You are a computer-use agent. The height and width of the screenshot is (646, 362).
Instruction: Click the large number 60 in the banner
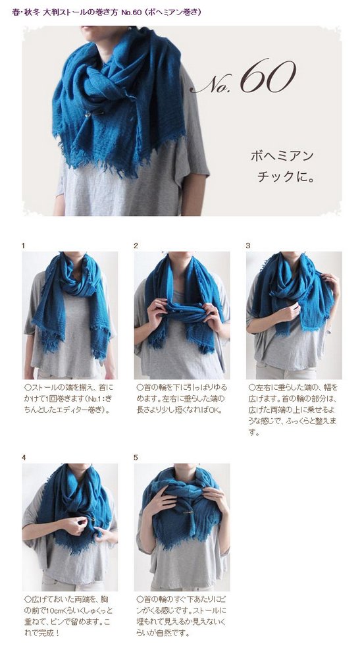(x=268, y=76)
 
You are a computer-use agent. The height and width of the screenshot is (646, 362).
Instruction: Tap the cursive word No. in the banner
(x=213, y=82)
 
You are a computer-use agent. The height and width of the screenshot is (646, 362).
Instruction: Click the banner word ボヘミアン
(x=282, y=156)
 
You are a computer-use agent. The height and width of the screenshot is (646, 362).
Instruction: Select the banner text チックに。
(x=286, y=176)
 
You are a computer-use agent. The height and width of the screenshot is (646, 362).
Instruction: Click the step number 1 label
(x=24, y=246)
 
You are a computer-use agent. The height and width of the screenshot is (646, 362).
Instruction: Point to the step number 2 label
(x=136, y=246)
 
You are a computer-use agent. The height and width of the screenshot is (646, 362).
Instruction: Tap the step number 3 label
(x=248, y=246)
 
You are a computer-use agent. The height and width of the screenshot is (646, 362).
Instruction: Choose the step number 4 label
(x=24, y=458)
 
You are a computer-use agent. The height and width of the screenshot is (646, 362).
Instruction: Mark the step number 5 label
(x=136, y=458)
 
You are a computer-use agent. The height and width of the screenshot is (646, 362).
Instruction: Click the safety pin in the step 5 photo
(x=186, y=512)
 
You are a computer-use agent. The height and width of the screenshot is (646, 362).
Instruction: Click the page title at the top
(x=107, y=13)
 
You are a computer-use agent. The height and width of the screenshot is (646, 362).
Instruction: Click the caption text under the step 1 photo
(x=68, y=399)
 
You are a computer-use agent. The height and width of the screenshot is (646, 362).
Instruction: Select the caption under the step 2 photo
(x=182, y=399)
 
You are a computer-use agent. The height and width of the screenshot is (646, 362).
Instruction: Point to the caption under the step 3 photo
(x=293, y=410)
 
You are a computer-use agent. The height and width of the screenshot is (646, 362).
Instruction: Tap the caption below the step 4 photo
(x=68, y=616)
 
